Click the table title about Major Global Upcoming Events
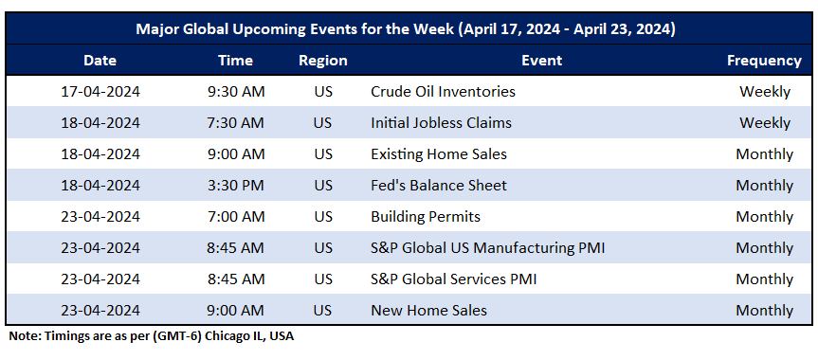(406, 29)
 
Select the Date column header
(100, 61)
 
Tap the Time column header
(235, 61)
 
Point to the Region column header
(323, 61)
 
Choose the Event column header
(541, 61)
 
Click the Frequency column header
(764, 61)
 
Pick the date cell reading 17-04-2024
(100, 92)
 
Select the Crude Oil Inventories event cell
(443, 92)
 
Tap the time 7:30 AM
(235, 123)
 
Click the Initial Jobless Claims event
(441, 123)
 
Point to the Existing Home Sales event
(439, 154)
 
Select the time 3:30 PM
(235, 186)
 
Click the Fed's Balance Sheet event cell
(439, 186)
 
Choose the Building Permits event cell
(426, 217)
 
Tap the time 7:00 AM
(235, 217)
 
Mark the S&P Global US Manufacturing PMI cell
(488, 248)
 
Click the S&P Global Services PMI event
(454, 279)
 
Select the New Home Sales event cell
(428, 311)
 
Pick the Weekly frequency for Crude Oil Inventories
(764, 92)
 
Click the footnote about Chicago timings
(152, 336)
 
